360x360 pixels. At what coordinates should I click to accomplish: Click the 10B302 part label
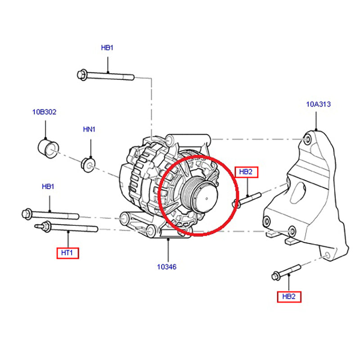tap(44, 112)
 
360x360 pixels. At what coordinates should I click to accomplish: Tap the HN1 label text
tap(90, 130)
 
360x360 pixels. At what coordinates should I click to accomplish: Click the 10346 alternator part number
tap(166, 267)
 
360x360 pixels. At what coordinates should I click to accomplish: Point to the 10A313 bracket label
tap(318, 104)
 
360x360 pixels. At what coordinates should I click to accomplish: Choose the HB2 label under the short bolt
tap(289, 297)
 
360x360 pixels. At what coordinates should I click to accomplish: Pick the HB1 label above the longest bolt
tap(107, 47)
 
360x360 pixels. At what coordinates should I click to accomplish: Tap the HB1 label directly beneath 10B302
tap(48, 186)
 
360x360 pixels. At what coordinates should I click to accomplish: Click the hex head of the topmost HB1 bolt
tap(82, 74)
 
